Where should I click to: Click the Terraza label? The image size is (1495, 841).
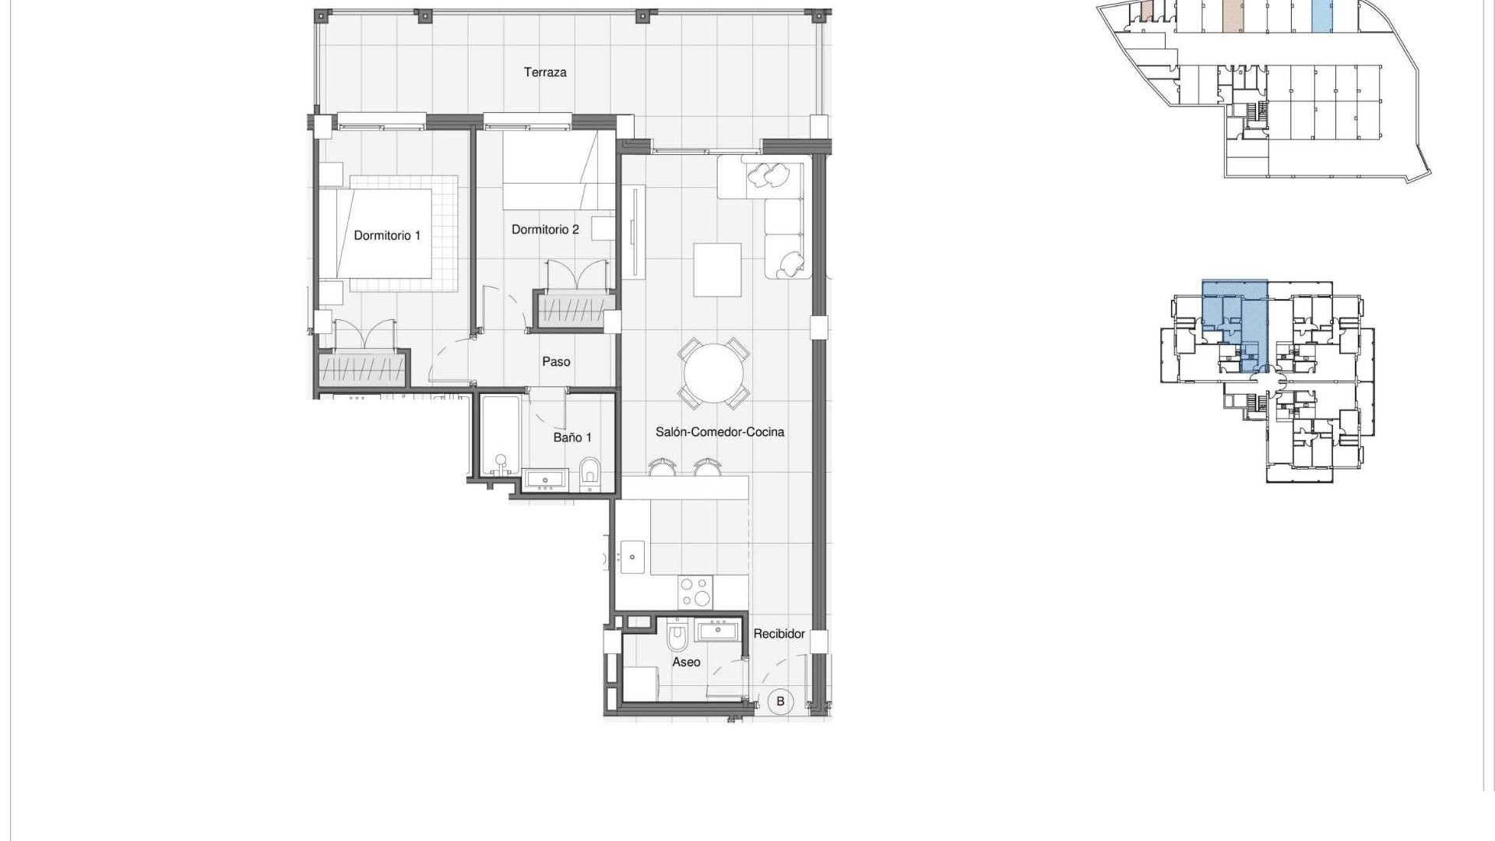pyautogui.click(x=545, y=72)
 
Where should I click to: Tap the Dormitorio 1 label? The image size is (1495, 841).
pyautogui.click(x=387, y=235)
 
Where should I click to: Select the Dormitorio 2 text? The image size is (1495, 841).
pyautogui.click(x=545, y=230)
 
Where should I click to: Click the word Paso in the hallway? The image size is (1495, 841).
pyautogui.click(x=556, y=362)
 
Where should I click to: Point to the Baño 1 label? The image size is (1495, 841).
pyautogui.click(x=572, y=438)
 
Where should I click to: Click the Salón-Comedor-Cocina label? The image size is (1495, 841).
pyautogui.click(x=719, y=432)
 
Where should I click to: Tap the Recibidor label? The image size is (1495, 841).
pyautogui.click(x=779, y=634)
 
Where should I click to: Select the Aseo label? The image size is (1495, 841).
pyautogui.click(x=686, y=663)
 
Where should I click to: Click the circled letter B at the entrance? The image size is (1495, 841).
pyautogui.click(x=780, y=701)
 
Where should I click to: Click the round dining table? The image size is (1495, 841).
pyautogui.click(x=715, y=373)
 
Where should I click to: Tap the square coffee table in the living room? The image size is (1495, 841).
pyautogui.click(x=717, y=269)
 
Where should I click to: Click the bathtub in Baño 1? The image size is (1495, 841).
pyautogui.click(x=499, y=436)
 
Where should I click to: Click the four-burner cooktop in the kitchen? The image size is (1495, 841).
pyautogui.click(x=695, y=590)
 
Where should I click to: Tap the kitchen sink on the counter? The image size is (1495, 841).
pyautogui.click(x=632, y=557)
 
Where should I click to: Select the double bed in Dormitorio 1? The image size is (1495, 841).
pyautogui.click(x=385, y=234)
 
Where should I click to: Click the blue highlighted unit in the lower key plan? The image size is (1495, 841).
pyautogui.click(x=1236, y=323)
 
